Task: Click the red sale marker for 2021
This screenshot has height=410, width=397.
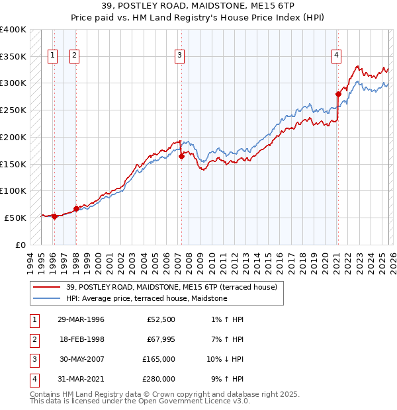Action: click(338, 94)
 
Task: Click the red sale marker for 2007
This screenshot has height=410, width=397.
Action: click(181, 156)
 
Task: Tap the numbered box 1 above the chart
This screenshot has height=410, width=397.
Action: click(52, 56)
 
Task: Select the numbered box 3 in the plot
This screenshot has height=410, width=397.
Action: click(179, 56)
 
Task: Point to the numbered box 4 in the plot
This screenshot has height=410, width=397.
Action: click(337, 56)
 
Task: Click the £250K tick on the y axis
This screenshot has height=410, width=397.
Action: click(13, 110)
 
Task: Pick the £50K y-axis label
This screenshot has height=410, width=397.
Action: click(15, 218)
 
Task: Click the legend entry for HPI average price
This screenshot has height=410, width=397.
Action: click(146, 298)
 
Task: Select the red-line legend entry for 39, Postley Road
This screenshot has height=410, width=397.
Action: click(175, 286)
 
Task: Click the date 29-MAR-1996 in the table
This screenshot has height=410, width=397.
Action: click(81, 320)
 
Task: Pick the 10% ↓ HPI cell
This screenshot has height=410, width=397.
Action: click(225, 359)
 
